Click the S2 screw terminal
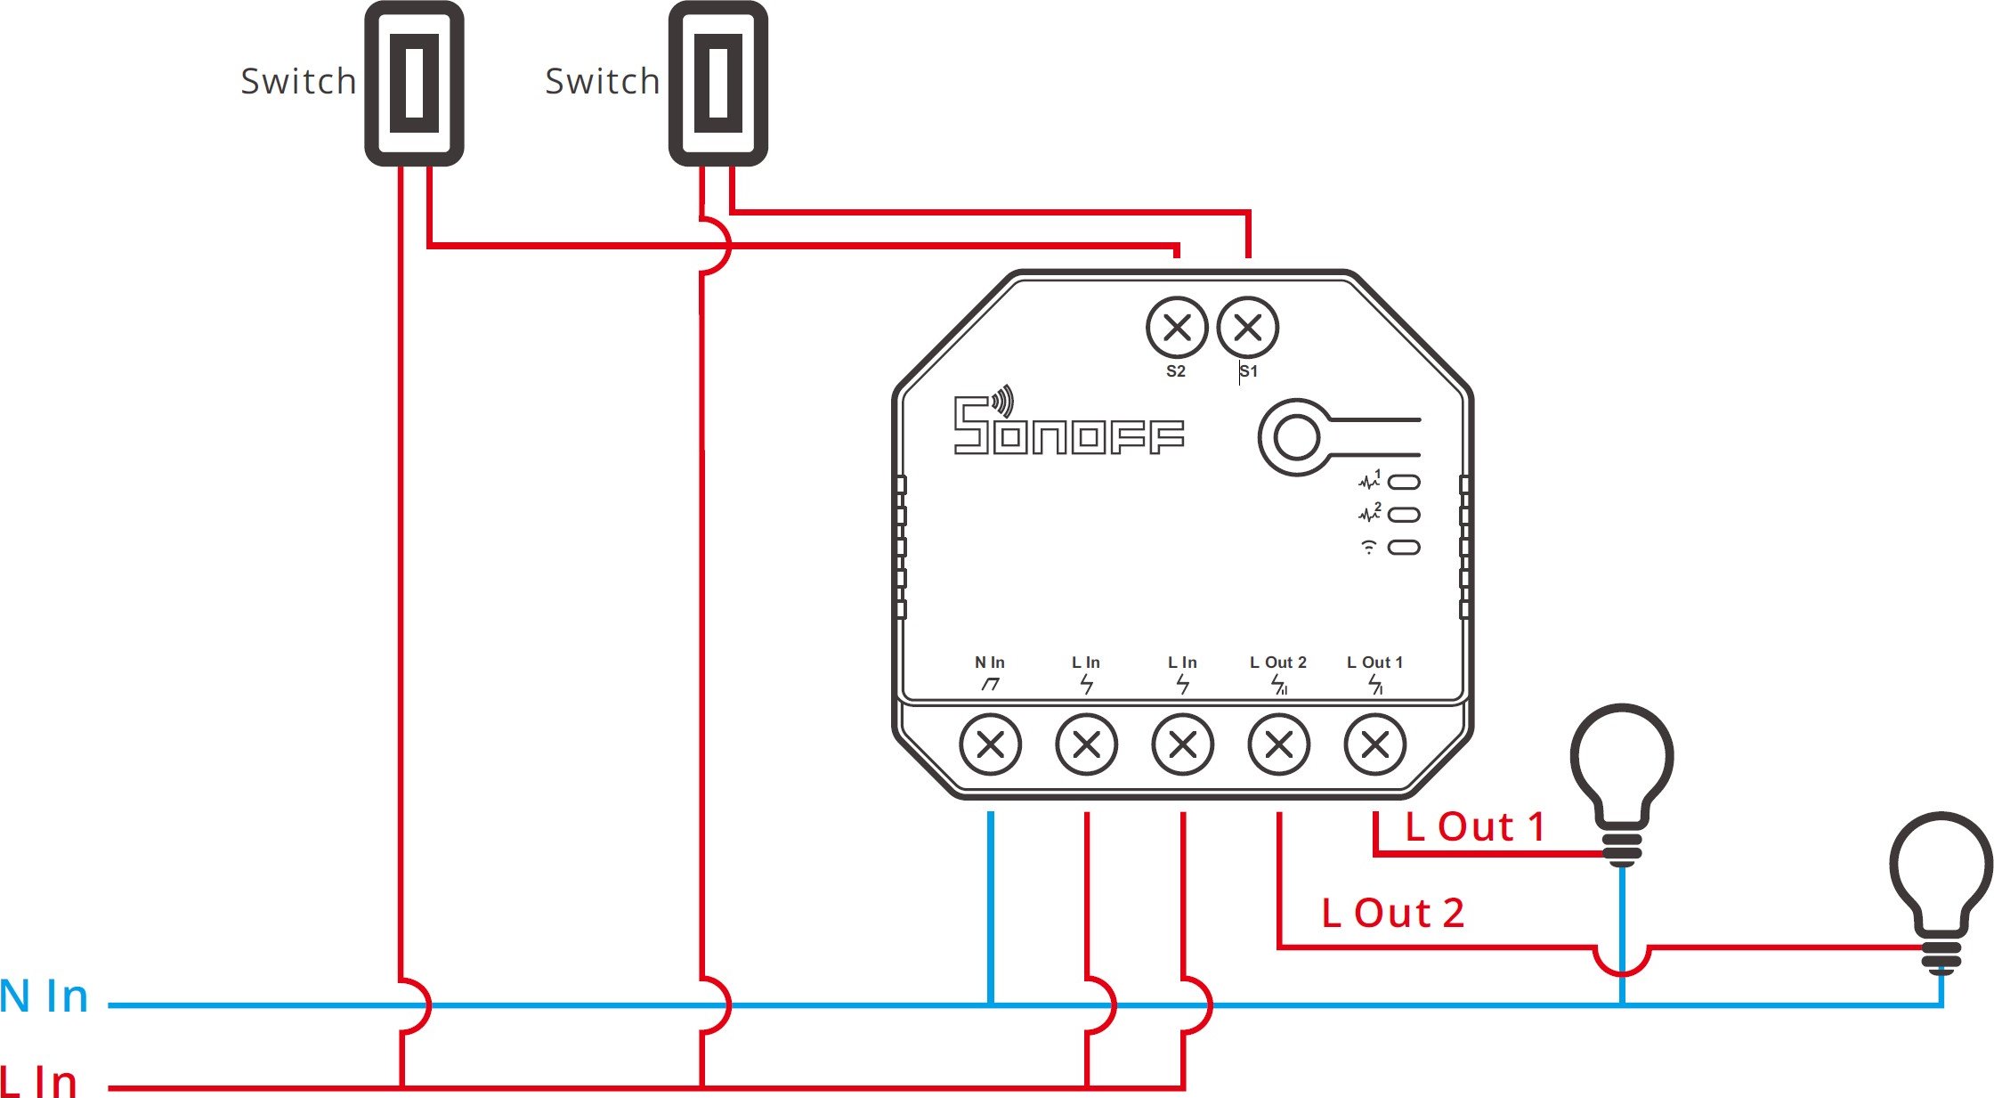1177,328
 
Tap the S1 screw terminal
1248,328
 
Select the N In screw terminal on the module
990,744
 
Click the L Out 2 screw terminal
1278,744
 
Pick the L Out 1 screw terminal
1374,744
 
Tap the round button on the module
1296,437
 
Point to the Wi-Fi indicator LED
1404,547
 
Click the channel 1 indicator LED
1404,483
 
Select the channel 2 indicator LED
1404,515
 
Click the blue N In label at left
45,996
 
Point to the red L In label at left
39,1080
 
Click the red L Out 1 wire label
1474,827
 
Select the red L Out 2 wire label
1392,913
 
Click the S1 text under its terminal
1249,371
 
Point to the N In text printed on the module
989,663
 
